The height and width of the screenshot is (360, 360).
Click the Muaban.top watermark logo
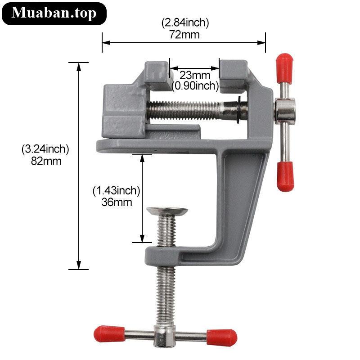tap(54, 13)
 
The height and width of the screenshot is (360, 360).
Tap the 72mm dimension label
tap(184, 35)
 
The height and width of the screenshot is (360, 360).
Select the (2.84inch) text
tap(185, 23)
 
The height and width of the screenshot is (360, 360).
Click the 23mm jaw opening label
tap(195, 75)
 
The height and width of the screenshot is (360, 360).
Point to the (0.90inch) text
tap(195, 86)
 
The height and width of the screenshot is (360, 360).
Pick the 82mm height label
tap(46, 161)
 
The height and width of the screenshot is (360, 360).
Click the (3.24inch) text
tap(45, 149)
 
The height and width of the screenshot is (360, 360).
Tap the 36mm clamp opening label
tap(117, 202)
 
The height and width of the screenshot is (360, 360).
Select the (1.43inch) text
tap(116, 191)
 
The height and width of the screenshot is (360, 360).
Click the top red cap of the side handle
tap(284, 68)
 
